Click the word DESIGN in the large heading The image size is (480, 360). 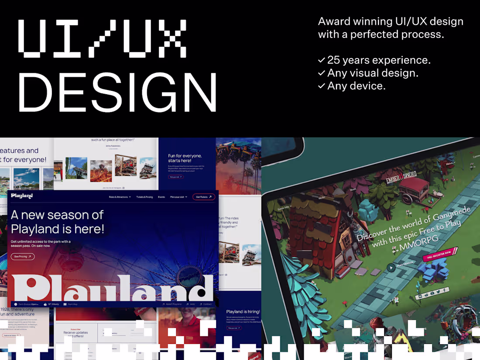(x=117, y=92)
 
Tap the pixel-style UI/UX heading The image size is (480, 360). (x=103, y=38)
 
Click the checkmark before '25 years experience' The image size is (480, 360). (x=322, y=60)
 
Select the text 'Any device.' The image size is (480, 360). (x=356, y=86)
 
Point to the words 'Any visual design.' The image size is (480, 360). (x=373, y=73)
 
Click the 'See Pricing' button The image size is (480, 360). (x=23, y=257)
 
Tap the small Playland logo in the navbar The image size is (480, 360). (x=22, y=196)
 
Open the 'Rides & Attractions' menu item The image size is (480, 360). (x=120, y=197)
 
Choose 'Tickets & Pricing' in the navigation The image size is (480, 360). (x=144, y=197)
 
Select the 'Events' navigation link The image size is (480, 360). (x=161, y=197)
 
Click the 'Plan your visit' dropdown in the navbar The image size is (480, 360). (x=178, y=197)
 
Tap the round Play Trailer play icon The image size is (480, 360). (x=391, y=267)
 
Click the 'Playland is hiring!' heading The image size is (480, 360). (x=243, y=312)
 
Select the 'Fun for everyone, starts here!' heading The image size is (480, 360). (x=185, y=158)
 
